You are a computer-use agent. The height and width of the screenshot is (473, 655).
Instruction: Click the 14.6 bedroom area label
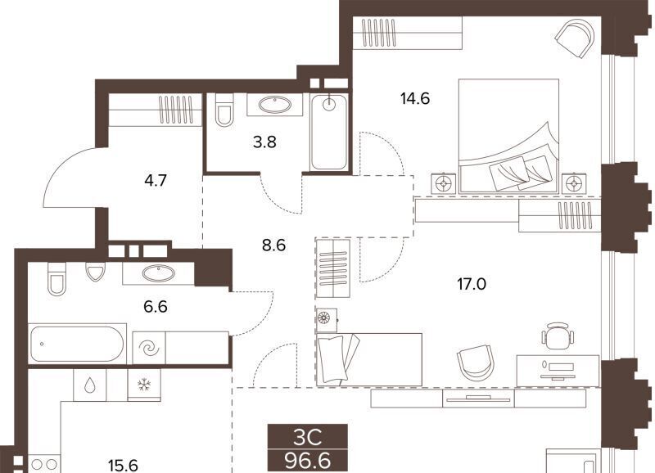pos(415,99)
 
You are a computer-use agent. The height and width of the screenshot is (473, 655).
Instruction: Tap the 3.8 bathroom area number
pos(264,142)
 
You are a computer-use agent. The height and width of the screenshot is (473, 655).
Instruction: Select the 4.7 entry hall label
pos(156,180)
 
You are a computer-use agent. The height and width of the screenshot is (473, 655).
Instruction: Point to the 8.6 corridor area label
pos(273,245)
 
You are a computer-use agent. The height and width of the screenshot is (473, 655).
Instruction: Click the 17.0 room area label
pos(472,284)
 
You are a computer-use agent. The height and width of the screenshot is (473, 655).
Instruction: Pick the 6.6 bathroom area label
pos(156,307)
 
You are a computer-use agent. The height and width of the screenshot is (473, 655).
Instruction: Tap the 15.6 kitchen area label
pos(123,465)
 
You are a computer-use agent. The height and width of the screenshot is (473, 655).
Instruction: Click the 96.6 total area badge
pos(308,461)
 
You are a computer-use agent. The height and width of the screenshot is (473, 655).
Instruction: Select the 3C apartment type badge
pos(308,438)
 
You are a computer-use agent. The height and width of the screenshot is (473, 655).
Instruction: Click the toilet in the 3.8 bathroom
pos(224,110)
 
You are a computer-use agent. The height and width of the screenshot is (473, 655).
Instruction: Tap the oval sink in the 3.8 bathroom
pos(274,104)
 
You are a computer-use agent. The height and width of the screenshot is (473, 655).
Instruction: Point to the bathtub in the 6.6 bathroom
pos(77,344)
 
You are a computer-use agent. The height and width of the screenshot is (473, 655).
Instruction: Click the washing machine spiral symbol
pos(149,347)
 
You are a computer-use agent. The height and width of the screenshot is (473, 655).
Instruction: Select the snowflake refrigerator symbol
pos(144,385)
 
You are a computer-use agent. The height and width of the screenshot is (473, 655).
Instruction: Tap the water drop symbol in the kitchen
pos(89,385)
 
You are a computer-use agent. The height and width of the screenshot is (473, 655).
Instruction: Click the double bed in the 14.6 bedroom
pos(508,136)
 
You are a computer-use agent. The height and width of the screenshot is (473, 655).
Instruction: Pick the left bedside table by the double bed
pos(443,182)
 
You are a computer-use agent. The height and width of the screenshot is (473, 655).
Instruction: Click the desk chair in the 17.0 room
pos(558,333)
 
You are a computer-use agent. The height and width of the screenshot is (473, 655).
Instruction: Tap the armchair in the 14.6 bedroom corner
pos(576,37)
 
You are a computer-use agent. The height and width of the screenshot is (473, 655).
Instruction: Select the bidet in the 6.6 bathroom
pos(95,272)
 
